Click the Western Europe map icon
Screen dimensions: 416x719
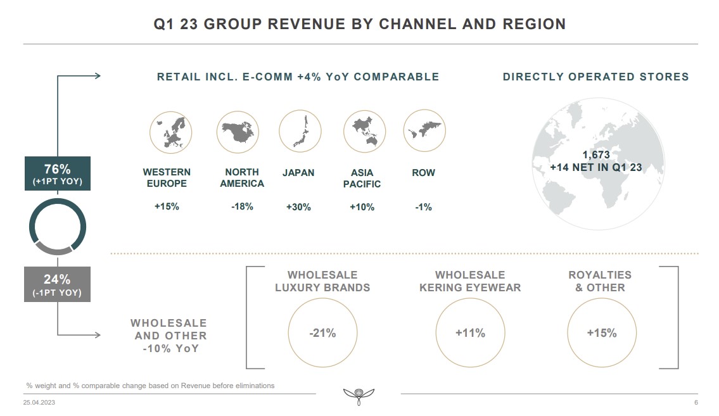(x=170, y=132)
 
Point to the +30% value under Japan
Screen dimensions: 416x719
(x=298, y=207)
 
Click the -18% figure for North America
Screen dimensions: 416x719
(x=242, y=206)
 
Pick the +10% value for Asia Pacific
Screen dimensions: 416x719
(x=362, y=207)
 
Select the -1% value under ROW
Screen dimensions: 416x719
(x=423, y=207)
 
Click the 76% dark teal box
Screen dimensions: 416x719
(x=57, y=174)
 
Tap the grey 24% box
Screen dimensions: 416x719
(x=57, y=284)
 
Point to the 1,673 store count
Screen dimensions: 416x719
(x=595, y=155)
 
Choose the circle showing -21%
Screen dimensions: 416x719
(x=322, y=333)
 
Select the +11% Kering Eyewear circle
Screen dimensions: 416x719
(x=470, y=333)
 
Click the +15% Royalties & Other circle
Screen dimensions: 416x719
(x=601, y=333)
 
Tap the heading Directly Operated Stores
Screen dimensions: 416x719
(x=595, y=77)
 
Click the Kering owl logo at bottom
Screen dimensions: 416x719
(x=359, y=396)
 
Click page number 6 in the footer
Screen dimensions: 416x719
(x=696, y=403)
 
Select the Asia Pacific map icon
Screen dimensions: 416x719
(x=364, y=132)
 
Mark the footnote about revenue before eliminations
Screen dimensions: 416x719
(x=150, y=386)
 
